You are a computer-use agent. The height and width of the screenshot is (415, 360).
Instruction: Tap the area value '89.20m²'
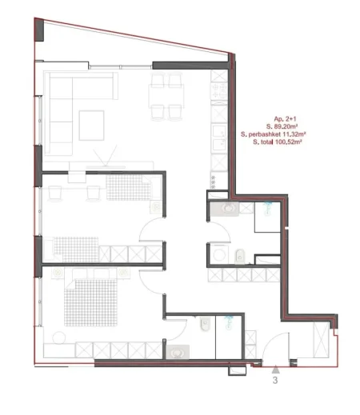[286, 126]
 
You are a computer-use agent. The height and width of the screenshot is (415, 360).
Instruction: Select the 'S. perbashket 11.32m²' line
[273, 134]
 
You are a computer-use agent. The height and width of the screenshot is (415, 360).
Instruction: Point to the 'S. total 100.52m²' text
[278, 142]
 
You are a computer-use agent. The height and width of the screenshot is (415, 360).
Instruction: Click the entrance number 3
[275, 380]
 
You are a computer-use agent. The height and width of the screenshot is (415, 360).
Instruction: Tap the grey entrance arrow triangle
[275, 369]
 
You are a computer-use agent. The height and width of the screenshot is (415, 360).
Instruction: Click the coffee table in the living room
[91, 126]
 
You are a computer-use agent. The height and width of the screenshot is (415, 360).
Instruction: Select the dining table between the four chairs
[166, 96]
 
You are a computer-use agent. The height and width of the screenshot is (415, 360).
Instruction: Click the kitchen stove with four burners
[219, 91]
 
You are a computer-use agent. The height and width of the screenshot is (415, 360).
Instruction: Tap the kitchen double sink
[219, 138]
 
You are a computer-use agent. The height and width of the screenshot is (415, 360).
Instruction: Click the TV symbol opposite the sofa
[106, 158]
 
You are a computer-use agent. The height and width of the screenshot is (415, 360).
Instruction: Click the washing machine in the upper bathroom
[219, 254]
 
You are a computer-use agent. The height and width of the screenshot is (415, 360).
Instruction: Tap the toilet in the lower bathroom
[205, 324]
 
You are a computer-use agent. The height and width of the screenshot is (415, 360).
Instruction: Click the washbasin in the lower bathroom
[178, 352]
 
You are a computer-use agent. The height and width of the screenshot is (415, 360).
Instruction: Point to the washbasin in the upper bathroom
[227, 208]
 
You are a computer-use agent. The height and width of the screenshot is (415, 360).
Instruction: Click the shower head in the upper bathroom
[267, 207]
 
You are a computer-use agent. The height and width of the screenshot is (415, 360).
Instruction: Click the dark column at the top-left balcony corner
[39, 30]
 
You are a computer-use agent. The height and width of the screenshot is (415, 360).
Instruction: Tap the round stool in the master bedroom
[59, 337]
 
